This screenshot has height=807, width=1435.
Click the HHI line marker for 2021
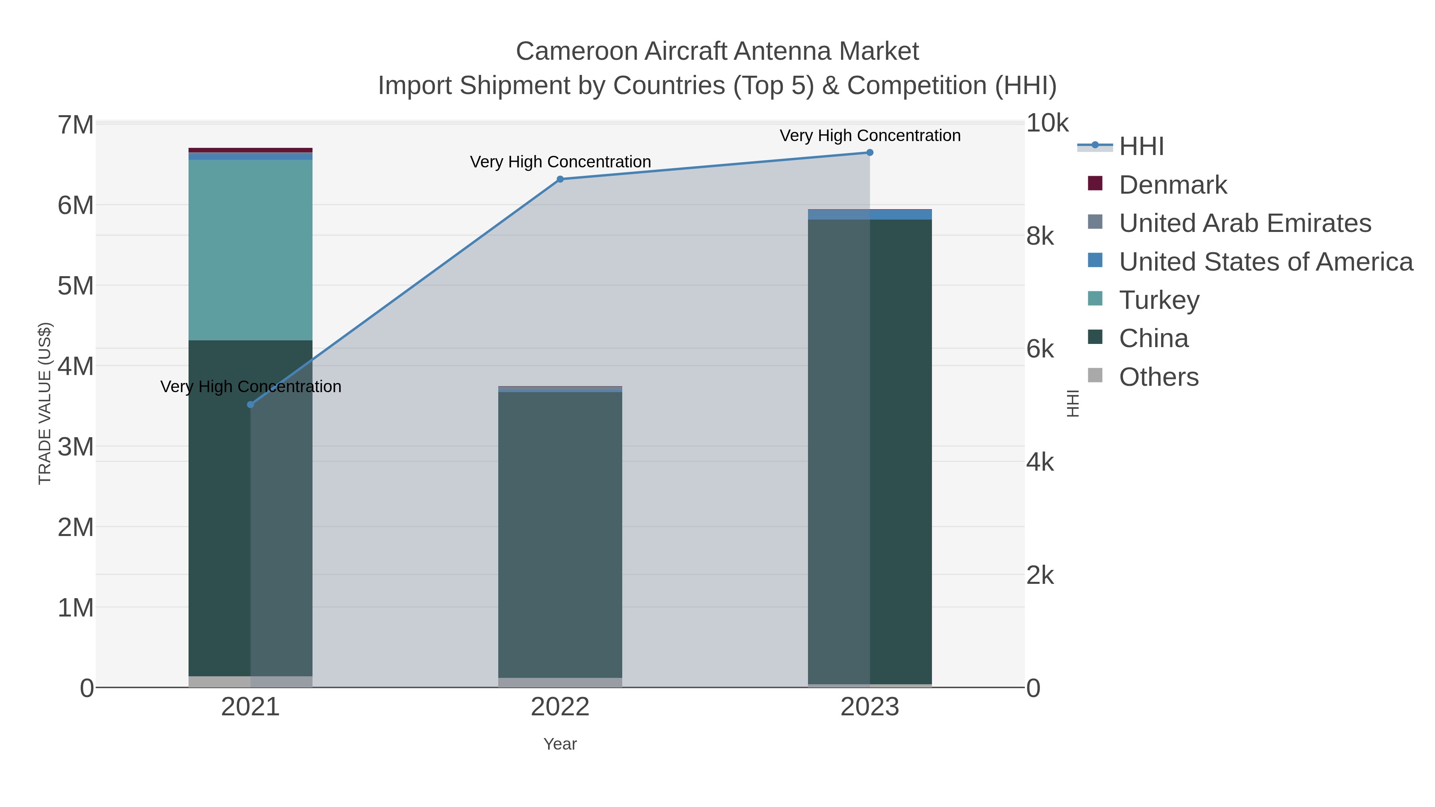251,404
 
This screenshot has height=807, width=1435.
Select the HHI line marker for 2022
560,179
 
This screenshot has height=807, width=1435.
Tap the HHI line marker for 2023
870,153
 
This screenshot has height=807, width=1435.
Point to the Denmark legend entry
1173,185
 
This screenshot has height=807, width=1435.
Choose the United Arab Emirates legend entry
1244,223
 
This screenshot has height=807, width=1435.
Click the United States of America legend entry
1266,262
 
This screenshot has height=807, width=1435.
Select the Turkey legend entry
1159,300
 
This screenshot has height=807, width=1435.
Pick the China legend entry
1153,339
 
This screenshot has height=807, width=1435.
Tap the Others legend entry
1158,377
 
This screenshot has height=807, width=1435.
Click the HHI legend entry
1142,147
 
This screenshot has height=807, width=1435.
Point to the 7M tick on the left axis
76,125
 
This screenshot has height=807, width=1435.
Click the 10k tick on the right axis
1047,123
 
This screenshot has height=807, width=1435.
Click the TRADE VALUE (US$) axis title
45,403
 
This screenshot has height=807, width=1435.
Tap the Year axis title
560,744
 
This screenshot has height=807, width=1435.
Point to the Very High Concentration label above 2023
870,135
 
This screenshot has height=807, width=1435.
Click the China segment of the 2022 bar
560,535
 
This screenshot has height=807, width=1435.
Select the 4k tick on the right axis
1040,462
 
